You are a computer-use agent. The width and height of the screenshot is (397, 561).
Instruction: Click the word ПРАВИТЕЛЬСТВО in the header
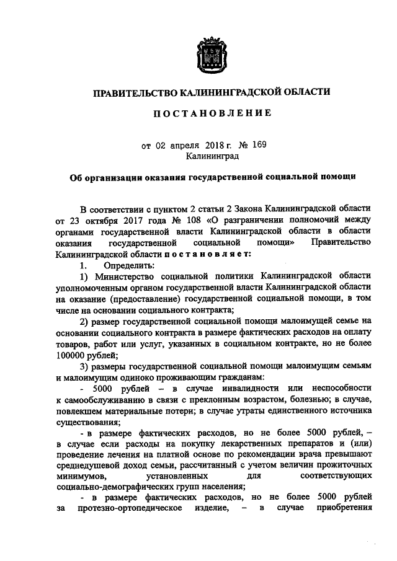(x=133, y=92)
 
